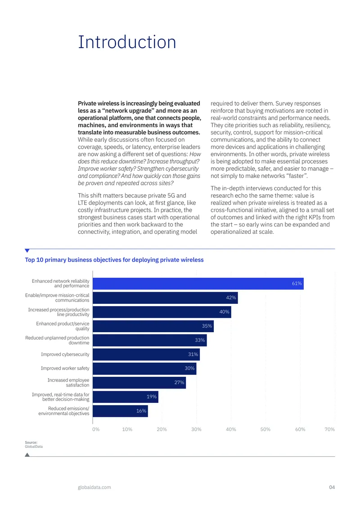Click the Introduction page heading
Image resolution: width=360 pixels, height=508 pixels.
click(127, 42)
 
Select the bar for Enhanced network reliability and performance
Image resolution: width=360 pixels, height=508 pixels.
click(198, 284)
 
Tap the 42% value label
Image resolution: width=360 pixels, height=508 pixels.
click(231, 298)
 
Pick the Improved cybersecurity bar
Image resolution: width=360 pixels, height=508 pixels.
click(146, 354)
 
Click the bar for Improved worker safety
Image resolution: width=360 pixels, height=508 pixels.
click(144, 369)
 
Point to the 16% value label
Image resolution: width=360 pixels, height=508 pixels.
click(141, 411)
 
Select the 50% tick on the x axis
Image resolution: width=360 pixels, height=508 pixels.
click(265, 429)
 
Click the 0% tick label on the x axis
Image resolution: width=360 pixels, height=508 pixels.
click(96, 429)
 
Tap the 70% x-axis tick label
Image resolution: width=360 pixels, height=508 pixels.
click(329, 429)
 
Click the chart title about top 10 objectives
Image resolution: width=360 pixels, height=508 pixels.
click(114, 260)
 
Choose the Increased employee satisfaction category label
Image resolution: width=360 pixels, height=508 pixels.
click(68, 383)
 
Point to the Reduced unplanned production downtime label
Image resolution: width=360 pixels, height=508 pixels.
click(57, 340)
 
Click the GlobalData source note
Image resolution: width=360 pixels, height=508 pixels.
click(34, 445)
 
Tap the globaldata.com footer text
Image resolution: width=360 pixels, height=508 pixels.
click(94, 487)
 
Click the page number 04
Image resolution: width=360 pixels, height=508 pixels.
click(332, 487)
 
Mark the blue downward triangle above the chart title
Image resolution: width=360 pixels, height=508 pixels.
click(27, 250)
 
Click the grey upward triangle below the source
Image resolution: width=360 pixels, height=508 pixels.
click(27, 455)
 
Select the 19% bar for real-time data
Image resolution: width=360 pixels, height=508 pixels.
click(126, 397)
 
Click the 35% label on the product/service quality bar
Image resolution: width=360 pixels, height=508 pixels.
click(207, 326)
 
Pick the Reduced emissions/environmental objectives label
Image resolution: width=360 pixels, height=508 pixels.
click(64, 411)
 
